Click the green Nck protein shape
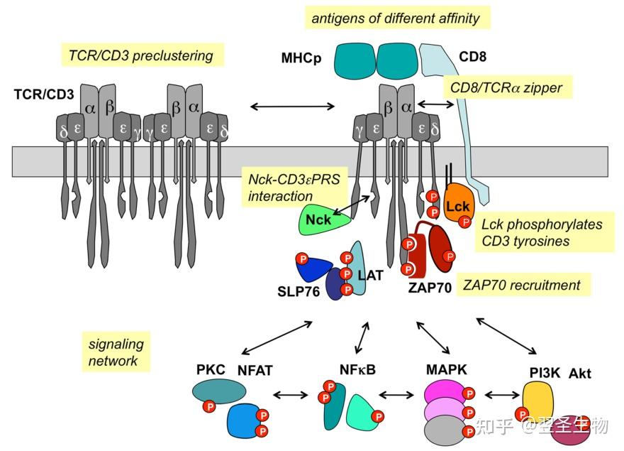click(323, 219)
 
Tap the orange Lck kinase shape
click(457, 203)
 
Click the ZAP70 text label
click(430, 288)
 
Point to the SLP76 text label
click(299, 291)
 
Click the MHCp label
click(301, 58)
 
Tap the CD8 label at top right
click(472, 57)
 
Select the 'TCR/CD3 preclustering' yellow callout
click(141, 55)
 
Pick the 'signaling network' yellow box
click(116, 352)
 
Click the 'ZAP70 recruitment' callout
click(522, 285)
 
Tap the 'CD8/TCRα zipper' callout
click(507, 87)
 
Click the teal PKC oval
click(219, 391)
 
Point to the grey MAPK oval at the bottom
click(444, 430)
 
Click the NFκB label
click(357, 370)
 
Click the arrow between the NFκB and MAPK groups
click(396, 395)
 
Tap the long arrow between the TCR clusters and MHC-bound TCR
click(292, 106)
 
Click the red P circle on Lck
click(465, 222)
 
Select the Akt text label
click(579, 374)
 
